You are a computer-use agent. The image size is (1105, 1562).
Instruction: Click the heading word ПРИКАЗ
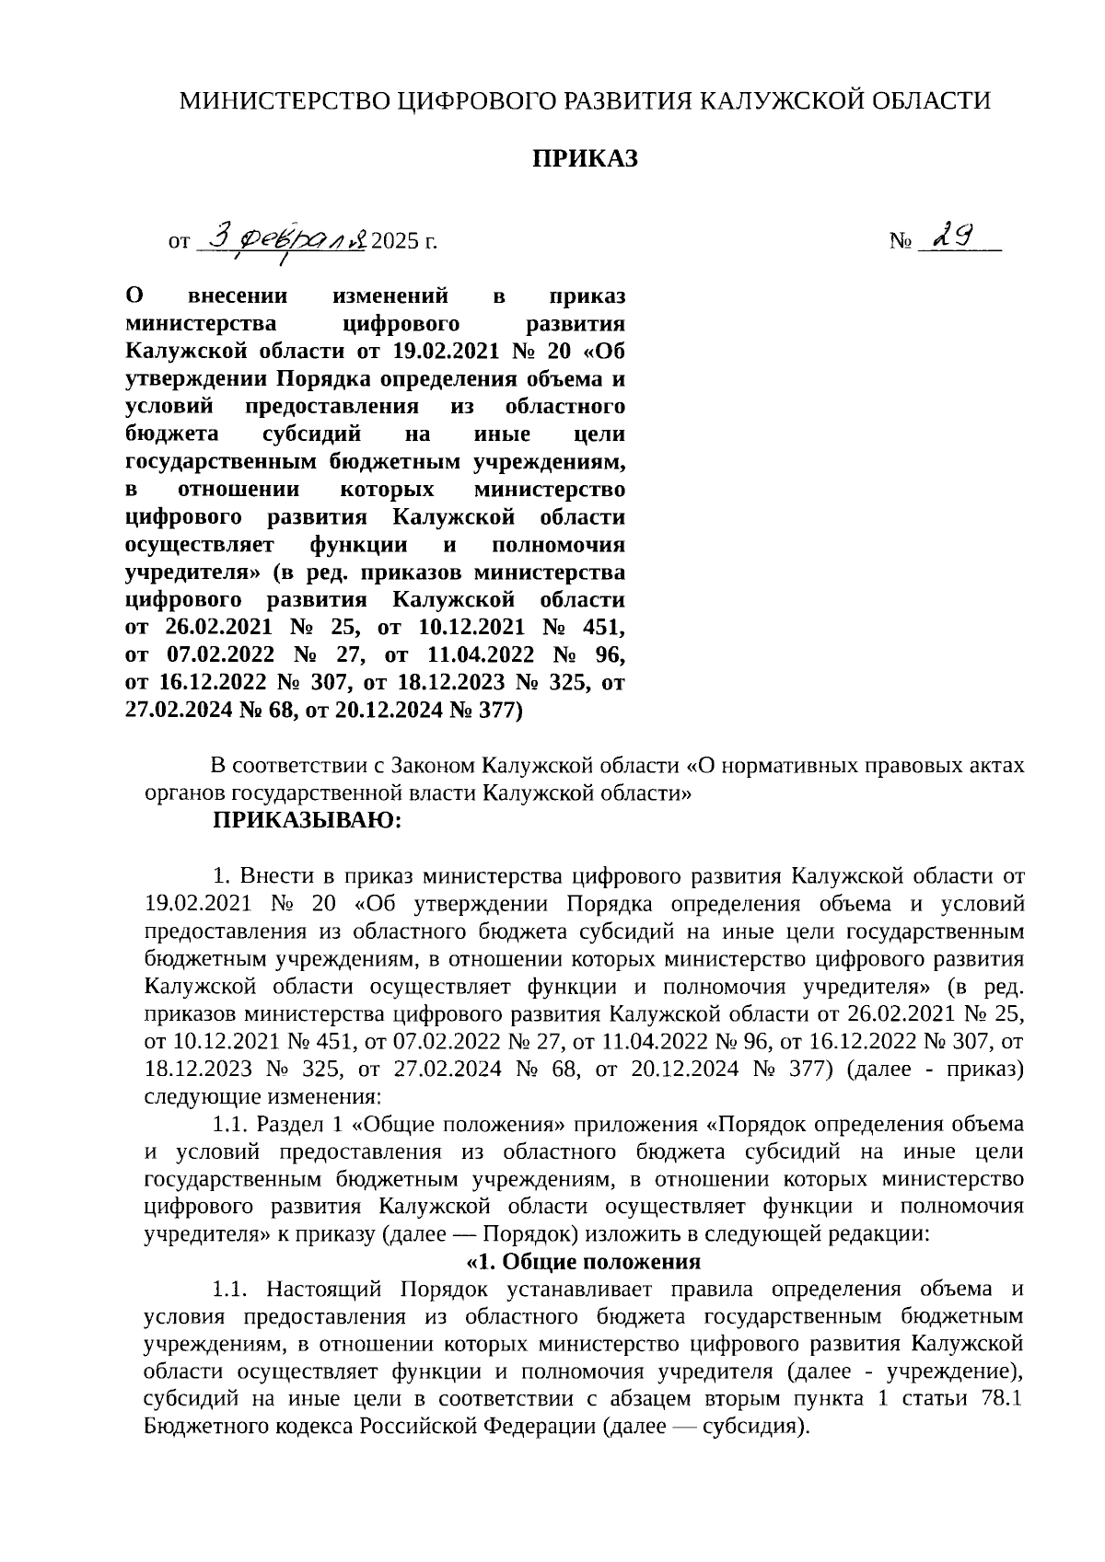[585, 159]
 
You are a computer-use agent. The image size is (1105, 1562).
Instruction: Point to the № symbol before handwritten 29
[901, 242]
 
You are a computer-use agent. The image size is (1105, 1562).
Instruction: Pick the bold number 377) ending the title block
[498, 711]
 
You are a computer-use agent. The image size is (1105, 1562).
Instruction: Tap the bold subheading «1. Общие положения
[585, 1261]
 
